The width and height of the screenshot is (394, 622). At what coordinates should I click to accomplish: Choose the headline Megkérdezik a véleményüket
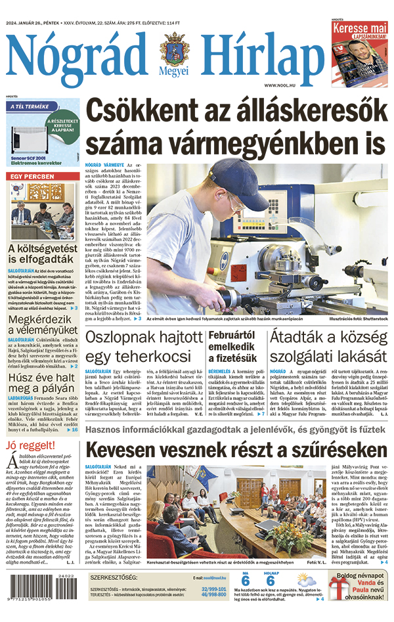pyautogui.click(x=43, y=324)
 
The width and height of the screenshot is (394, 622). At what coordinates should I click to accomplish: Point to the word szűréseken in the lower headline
pyautogui.click(x=334, y=451)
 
